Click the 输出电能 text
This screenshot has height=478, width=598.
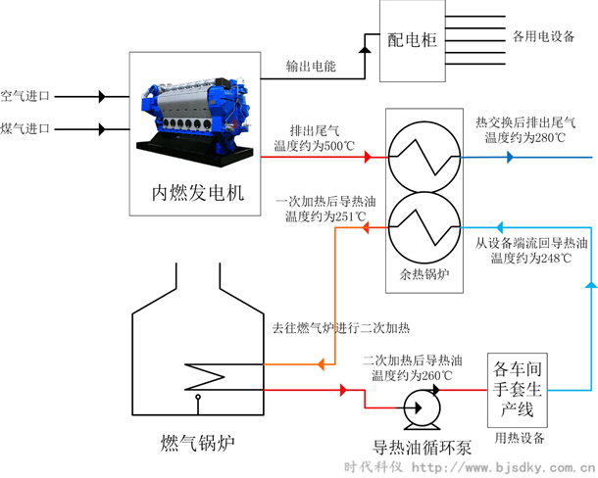(310, 66)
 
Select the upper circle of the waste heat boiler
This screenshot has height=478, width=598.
(423, 156)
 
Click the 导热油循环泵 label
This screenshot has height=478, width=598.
(423, 447)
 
